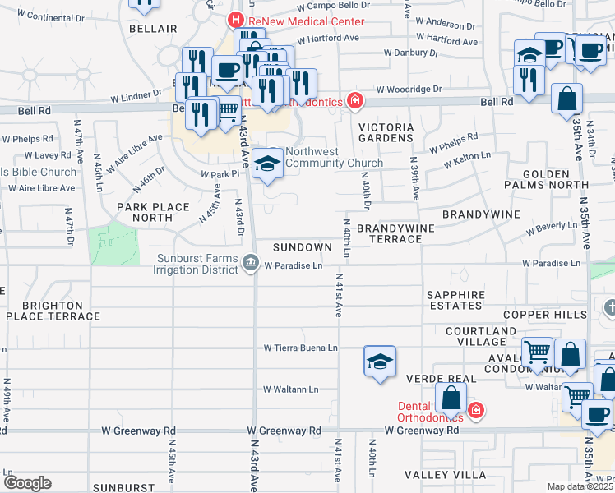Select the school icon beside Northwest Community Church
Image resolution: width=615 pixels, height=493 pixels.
point(266,164)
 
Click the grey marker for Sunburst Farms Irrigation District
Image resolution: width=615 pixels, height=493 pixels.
point(251,264)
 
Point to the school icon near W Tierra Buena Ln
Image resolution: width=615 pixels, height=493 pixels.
point(380,362)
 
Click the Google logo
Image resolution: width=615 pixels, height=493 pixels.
point(26,482)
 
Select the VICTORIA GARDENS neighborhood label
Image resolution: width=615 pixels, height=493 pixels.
point(385,133)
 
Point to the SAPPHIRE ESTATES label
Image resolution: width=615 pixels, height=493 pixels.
point(455,300)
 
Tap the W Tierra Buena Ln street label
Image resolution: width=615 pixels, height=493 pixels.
point(301,348)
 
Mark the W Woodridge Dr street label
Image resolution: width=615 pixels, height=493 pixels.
point(409,89)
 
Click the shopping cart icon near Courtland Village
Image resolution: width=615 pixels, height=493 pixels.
point(537,353)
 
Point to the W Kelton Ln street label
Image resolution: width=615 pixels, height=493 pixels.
point(466,159)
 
